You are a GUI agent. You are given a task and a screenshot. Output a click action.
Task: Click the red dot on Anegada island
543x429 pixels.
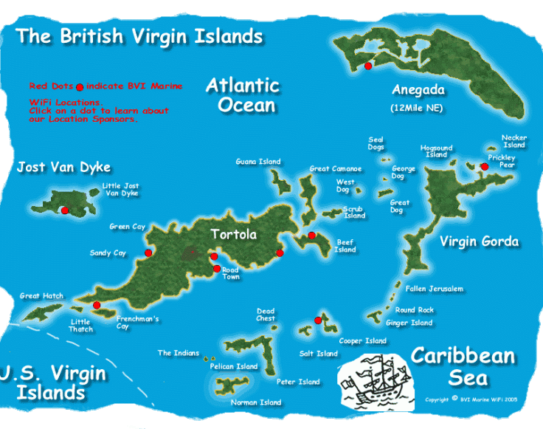pos(367,66)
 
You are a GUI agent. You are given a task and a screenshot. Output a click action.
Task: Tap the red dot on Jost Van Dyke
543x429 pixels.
pos(65,210)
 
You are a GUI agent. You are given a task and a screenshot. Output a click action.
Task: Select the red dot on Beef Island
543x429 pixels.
pos(312,236)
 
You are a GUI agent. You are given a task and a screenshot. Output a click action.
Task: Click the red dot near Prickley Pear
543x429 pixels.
pos(484,167)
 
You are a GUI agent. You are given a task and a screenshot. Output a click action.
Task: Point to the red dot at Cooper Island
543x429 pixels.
pos(318,320)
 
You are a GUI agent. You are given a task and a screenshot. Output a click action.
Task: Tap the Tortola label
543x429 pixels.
pos(233,235)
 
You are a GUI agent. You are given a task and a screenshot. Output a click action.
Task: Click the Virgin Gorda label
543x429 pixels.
pos(479,241)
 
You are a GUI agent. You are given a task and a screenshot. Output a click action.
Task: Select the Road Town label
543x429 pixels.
pos(231,272)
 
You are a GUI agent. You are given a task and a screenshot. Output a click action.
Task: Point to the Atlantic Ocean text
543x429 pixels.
pos(242,95)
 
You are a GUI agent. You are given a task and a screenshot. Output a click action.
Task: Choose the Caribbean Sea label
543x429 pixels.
pos(463,366)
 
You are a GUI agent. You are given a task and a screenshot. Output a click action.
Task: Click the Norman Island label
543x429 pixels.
pos(256,402)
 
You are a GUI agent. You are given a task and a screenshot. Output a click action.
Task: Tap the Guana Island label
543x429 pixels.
pos(258,162)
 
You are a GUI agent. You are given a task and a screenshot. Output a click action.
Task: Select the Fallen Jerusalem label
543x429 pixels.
pos(435,289)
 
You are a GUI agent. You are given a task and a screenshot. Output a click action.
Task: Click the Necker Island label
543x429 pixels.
pos(514,141)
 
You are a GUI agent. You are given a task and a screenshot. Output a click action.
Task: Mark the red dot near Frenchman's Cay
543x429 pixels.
pos(97,305)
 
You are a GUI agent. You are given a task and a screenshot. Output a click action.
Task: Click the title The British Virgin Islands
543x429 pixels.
pos(139,35)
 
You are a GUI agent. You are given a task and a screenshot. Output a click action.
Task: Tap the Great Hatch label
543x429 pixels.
pos(41,296)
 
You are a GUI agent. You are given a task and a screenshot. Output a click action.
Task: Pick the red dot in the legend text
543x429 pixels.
pos(80,86)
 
